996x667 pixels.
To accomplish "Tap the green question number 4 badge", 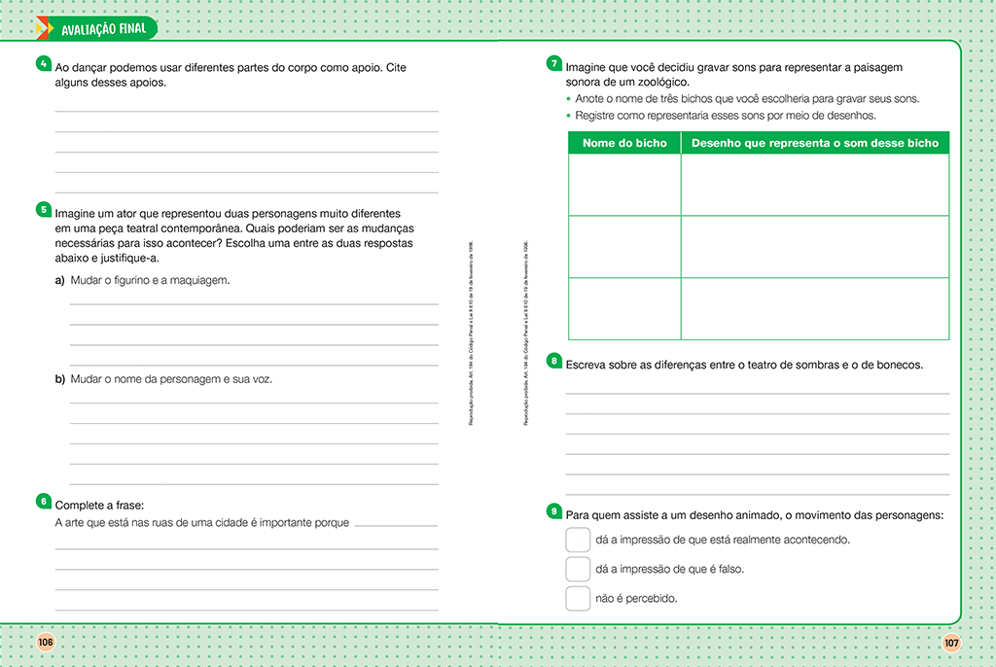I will (43, 64).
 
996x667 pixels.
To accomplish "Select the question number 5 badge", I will (43, 209).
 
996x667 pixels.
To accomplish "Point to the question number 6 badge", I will (43, 501).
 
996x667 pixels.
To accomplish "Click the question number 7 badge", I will (553, 64).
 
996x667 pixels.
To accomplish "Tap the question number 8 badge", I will (553, 361).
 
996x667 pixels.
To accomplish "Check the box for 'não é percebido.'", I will (578, 598).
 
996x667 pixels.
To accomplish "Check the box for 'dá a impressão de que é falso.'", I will (578, 569).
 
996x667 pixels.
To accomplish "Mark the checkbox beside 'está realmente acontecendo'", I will (578, 540).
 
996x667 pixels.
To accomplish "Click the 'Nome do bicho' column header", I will (624, 143).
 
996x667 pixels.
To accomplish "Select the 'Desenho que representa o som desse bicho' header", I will (814, 143).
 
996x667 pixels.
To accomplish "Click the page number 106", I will (45, 642).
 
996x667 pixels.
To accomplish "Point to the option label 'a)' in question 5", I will (60, 281).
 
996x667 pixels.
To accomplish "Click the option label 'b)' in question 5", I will (60, 379).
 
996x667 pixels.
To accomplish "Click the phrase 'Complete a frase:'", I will (99, 506).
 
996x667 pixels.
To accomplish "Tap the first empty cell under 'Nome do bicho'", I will (624, 185).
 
